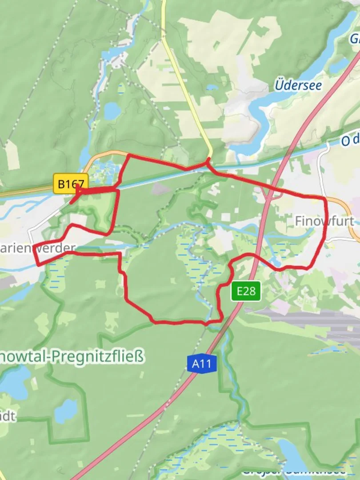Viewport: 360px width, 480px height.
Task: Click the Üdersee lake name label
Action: (298, 85)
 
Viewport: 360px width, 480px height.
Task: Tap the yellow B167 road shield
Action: (71, 184)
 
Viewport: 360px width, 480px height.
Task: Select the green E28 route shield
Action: (246, 291)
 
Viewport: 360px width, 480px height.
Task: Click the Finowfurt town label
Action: (324, 221)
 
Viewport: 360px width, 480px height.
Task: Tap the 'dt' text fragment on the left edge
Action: (8, 416)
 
